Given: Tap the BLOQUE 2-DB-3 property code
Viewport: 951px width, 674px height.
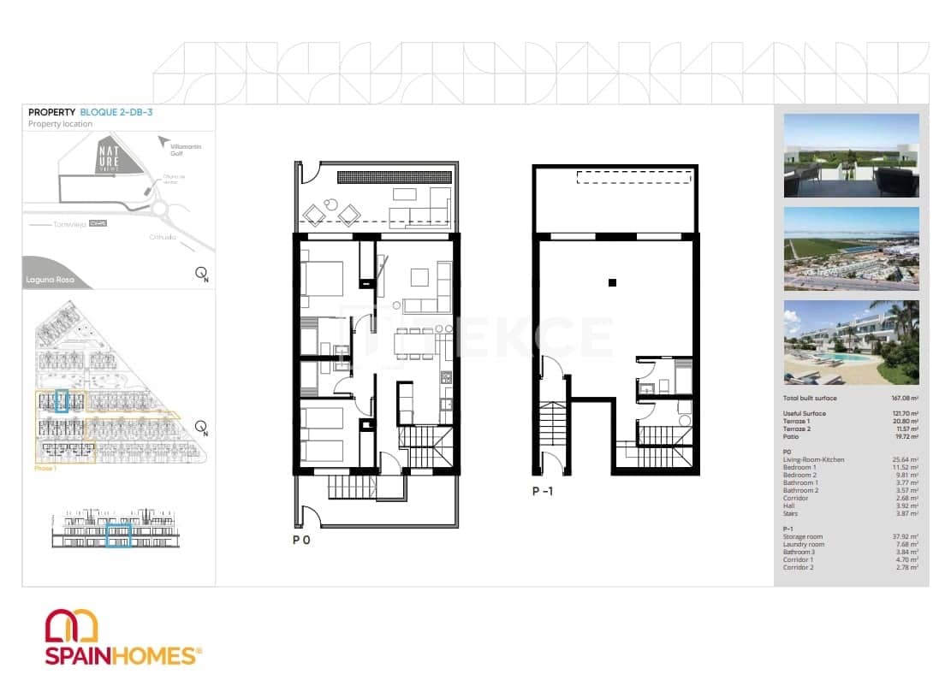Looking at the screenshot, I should click(116, 112).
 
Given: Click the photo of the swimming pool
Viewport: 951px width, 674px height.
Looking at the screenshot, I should click(851, 342).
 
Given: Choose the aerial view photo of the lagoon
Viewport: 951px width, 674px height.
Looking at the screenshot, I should click(851, 249).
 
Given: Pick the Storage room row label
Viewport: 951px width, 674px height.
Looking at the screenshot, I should click(804, 536).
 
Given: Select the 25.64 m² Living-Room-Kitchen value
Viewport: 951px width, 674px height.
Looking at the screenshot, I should click(905, 460).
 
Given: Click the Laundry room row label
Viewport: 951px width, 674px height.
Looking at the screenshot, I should click(804, 544).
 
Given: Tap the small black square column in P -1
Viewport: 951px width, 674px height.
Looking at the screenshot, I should click(612, 282).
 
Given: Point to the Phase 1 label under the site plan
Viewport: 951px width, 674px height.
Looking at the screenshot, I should click(45, 469).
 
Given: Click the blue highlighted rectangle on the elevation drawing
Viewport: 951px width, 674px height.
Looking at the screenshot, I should click(117, 536).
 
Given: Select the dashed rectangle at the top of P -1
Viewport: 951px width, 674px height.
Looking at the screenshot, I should click(633, 177).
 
